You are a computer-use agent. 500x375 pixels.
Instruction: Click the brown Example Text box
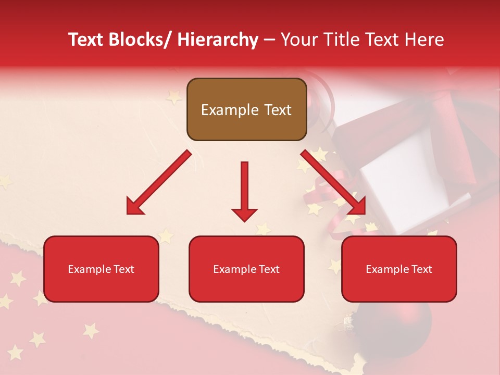point(246,109)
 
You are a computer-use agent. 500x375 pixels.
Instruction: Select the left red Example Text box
point(101,269)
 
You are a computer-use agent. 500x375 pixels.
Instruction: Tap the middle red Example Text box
point(246,269)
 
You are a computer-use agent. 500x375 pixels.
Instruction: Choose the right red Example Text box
point(399,269)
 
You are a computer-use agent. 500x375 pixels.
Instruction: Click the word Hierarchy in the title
point(218,40)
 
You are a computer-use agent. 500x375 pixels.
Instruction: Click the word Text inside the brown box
point(277,110)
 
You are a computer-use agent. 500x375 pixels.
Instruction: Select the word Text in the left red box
point(123,269)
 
